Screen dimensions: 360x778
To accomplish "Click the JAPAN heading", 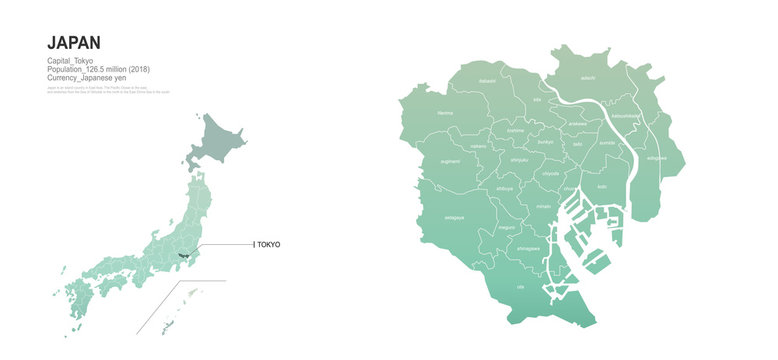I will pos(74,42).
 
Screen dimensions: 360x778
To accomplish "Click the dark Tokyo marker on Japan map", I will pos(183,256).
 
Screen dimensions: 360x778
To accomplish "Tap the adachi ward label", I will pos(588,76).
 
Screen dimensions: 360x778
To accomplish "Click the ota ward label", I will pos(519,288).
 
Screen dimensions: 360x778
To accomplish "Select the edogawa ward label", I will pos(655,158).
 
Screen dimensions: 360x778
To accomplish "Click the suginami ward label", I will pos(450,160).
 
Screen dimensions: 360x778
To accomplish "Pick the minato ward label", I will pos(544,206).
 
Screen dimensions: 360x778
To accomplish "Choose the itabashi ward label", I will pos(487,81).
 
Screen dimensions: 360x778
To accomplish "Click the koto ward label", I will pos(602,187).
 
